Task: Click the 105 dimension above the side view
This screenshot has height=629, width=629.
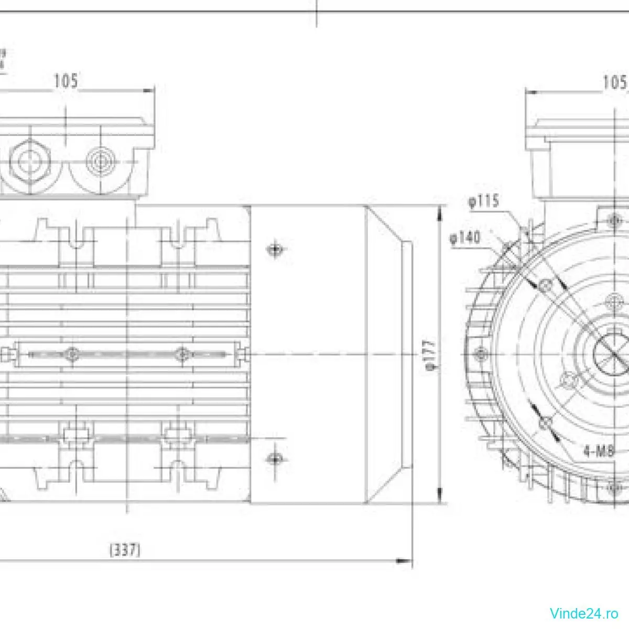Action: [x=66, y=81]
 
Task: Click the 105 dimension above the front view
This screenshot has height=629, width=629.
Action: [x=614, y=82]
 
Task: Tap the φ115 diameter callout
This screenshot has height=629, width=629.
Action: [x=484, y=202]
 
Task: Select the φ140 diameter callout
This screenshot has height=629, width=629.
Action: [x=464, y=238]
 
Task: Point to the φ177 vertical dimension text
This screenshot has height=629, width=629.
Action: [x=431, y=355]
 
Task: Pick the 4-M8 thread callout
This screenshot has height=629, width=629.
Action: [x=599, y=451]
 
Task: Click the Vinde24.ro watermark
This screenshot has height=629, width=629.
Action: [x=584, y=612]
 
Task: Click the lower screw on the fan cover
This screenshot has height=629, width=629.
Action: [x=274, y=459]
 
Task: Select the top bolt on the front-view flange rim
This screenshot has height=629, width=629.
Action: [x=614, y=219]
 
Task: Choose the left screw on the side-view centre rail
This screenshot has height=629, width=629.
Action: [x=72, y=354]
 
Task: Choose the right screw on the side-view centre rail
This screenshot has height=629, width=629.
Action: [x=181, y=354]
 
